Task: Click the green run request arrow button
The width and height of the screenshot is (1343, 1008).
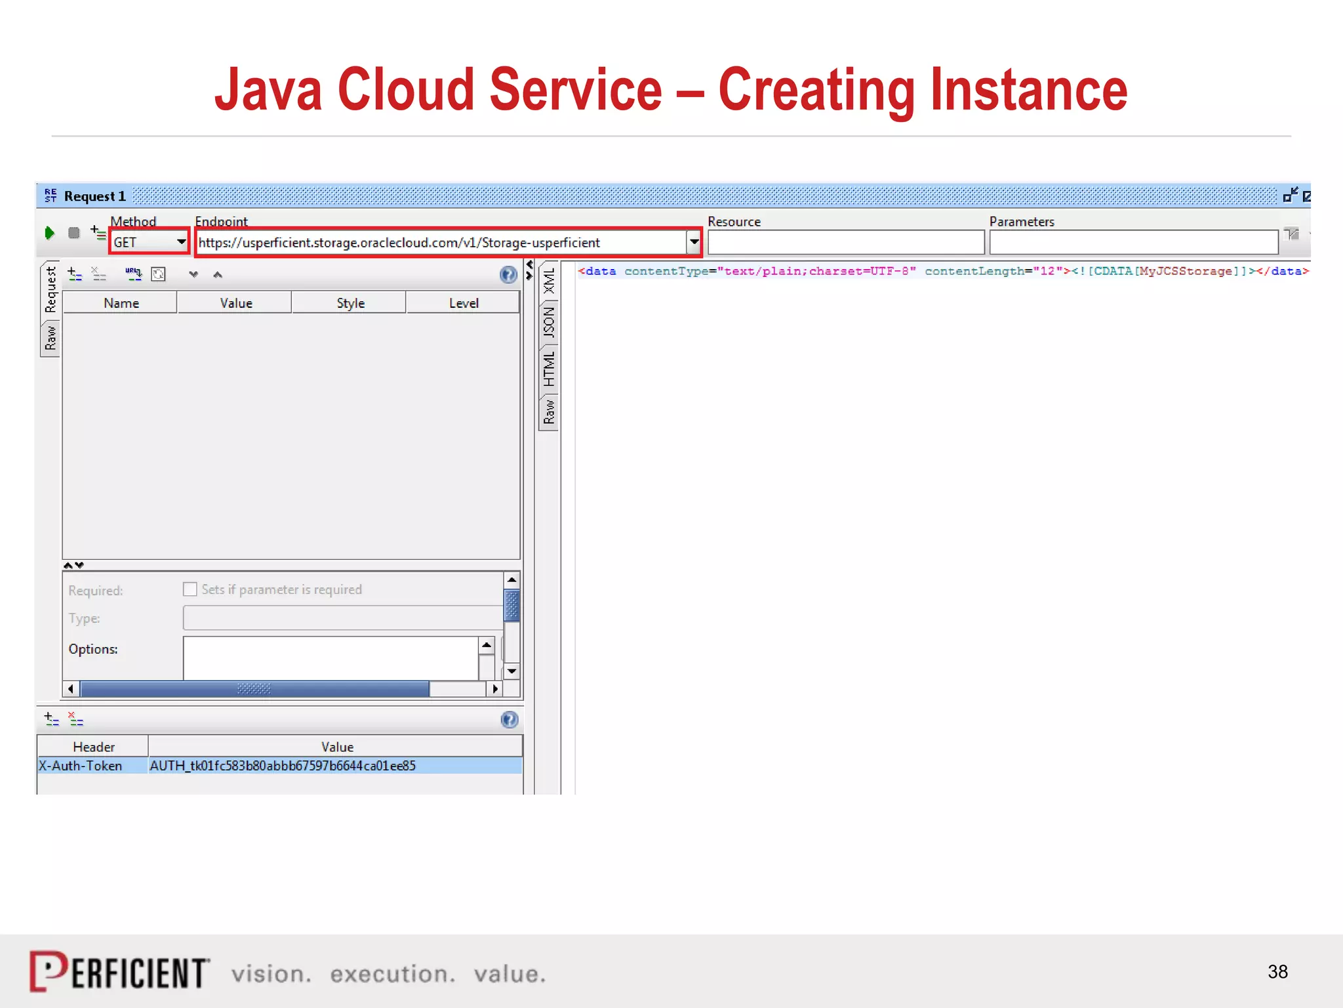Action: [x=49, y=233]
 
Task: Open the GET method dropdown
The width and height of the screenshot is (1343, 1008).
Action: [x=181, y=242]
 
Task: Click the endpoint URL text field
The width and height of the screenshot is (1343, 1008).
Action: [x=439, y=243]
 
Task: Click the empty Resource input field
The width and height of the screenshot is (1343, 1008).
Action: [x=845, y=243]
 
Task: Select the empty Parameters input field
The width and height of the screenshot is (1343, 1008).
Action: [x=1133, y=243]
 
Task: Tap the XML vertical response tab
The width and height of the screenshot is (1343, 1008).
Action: [x=549, y=281]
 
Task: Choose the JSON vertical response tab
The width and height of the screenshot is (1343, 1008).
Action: [x=549, y=322]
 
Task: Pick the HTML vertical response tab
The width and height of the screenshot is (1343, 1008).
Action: [x=549, y=369]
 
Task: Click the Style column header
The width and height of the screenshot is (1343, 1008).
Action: [x=350, y=303]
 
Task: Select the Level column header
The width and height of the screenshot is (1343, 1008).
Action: [x=464, y=303]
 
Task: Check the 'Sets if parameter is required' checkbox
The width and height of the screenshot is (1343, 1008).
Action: [x=190, y=589]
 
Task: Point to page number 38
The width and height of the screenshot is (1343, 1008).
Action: [x=1277, y=972]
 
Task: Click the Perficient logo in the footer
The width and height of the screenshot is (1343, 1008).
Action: [x=119, y=972]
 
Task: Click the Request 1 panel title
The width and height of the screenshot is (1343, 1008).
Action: [x=94, y=196]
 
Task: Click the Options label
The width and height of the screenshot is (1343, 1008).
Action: [x=93, y=649]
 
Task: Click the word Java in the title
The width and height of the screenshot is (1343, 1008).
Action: [x=269, y=90]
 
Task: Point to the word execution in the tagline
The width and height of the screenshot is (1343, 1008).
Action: [x=392, y=975]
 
